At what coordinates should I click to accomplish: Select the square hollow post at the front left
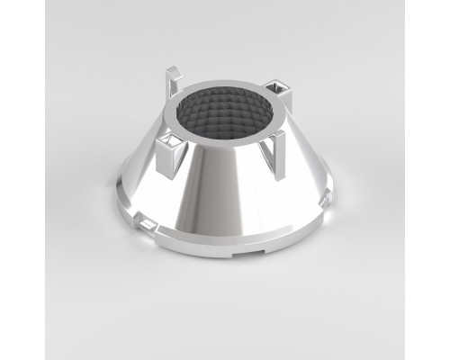169,153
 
